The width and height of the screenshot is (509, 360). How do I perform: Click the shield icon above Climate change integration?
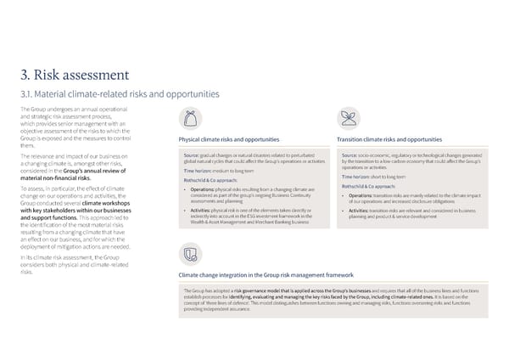click(x=191, y=254)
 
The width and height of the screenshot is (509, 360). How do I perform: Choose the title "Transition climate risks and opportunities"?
click(x=389, y=139)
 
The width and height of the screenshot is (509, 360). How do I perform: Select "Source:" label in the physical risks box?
click(x=190, y=155)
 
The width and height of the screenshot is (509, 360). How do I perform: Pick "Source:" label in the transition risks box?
click(x=349, y=155)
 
